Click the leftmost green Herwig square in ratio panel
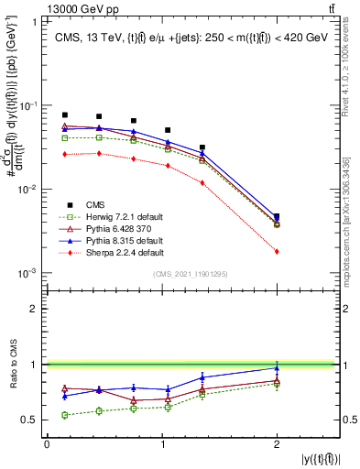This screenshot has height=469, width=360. [64, 415]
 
